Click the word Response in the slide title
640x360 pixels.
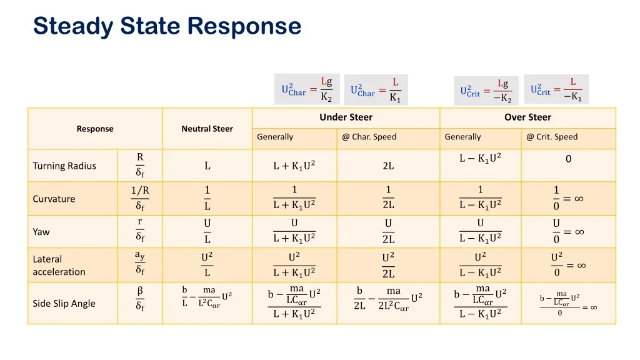pyautogui.click(x=244, y=26)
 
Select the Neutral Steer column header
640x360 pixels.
pyautogui.click(x=207, y=129)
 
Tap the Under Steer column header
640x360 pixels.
pyautogui.click(x=346, y=117)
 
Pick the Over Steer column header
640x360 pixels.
pyautogui.click(x=527, y=117)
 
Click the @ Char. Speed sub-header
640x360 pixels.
pyautogui.click(x=369, y=137)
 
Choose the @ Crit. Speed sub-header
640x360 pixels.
pyautogui.click(x=552, y=137)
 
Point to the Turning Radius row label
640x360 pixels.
pyautogui.click(x=64, y=166)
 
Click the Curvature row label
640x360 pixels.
pyautogui.click(x=54, y=199)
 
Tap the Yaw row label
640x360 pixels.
pyautogui.click(x=41, y=232)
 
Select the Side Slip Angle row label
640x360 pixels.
pyautogui.click(x=64, y=303)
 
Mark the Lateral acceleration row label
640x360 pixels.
pyautogui.click(x=59, y=265)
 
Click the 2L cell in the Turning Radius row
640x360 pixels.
pyautogui.click(x=388, y=166)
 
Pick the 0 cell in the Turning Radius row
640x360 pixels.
pyautogui.click(x=568, y=159)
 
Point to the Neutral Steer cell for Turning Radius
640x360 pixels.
pyautogui.click(x=207, y=166)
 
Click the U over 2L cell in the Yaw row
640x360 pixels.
pyautogui.click(x=388, y=231)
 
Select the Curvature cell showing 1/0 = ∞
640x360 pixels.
pyautogui.click(x=568, y=198)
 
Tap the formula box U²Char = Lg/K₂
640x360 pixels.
pyautogui.click(x=307, y=89)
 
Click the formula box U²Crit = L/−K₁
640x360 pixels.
pyautogui.click(x=556, y=89)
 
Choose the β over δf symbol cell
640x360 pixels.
pyautogui.click(x=140, y=299)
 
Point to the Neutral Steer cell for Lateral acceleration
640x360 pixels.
pyautogui.click(x=207, y=264)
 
